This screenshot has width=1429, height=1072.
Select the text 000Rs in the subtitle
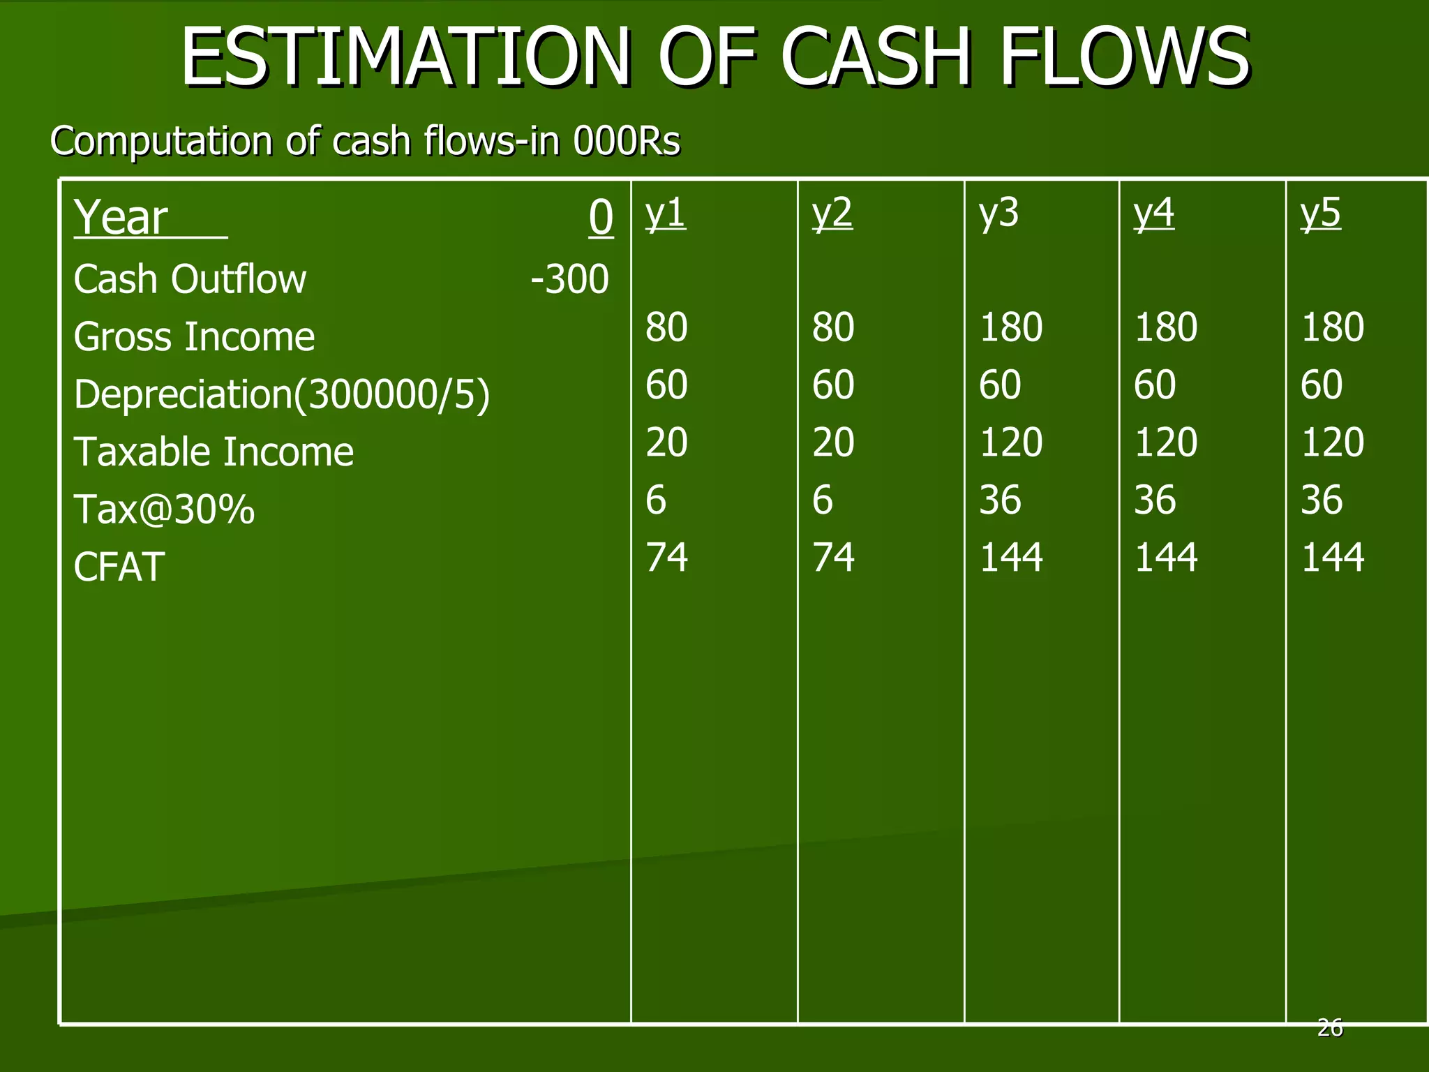tap(626, 141)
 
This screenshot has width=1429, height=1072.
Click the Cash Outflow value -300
tap(569, 279)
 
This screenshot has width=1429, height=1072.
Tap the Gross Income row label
tap(194, 337)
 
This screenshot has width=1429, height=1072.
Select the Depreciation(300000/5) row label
tap(282, 394)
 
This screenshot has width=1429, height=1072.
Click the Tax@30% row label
tap(164, 509)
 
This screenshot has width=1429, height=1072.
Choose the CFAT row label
tap(119, 567)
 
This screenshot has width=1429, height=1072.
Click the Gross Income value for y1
tap(666, 327)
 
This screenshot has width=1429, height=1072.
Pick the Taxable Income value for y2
tap(833, 442)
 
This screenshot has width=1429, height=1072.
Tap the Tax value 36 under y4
tap(1155, 500)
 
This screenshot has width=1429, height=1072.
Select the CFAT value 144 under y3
tap(1011, 558)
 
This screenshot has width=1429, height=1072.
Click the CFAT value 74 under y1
tap(666, 558)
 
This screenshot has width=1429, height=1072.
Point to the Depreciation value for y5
tap(1321, 385)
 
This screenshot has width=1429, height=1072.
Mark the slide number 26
tap(1330, 1028)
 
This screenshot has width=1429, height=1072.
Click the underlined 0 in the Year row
tap(601, 218)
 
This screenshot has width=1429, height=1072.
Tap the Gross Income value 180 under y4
tap(1166, 327)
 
